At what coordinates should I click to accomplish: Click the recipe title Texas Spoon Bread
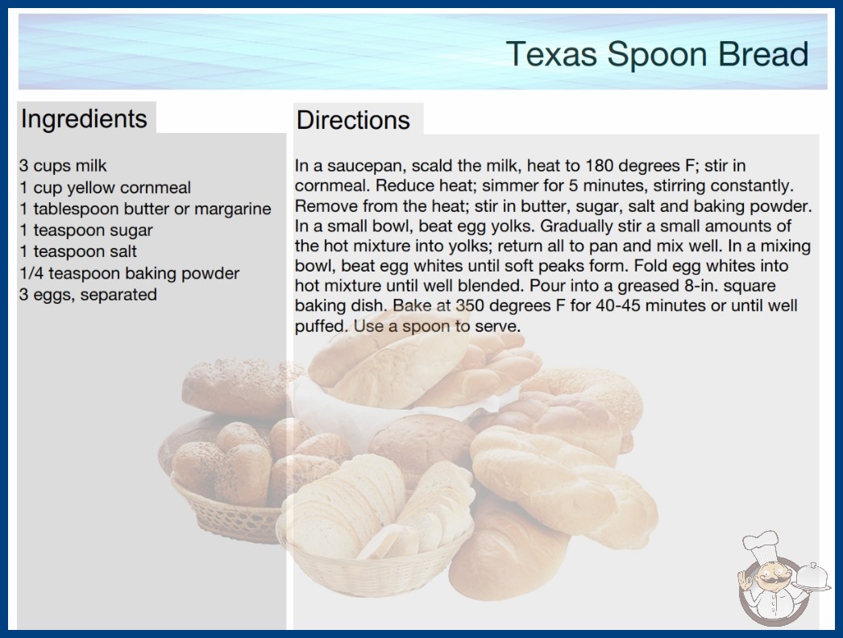657,54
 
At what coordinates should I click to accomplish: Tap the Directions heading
353,120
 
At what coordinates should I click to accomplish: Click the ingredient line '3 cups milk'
63,166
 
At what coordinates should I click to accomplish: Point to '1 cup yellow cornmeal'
106,188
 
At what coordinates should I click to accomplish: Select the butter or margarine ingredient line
145,209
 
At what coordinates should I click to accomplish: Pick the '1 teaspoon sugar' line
86,230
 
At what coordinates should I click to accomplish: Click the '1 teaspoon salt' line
78,251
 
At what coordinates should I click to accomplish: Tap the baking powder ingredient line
129,273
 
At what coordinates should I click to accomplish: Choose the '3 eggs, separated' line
88,295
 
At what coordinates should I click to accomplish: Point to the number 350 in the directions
470,305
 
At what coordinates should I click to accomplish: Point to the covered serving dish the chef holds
812,578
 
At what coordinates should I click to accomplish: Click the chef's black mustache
769,580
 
